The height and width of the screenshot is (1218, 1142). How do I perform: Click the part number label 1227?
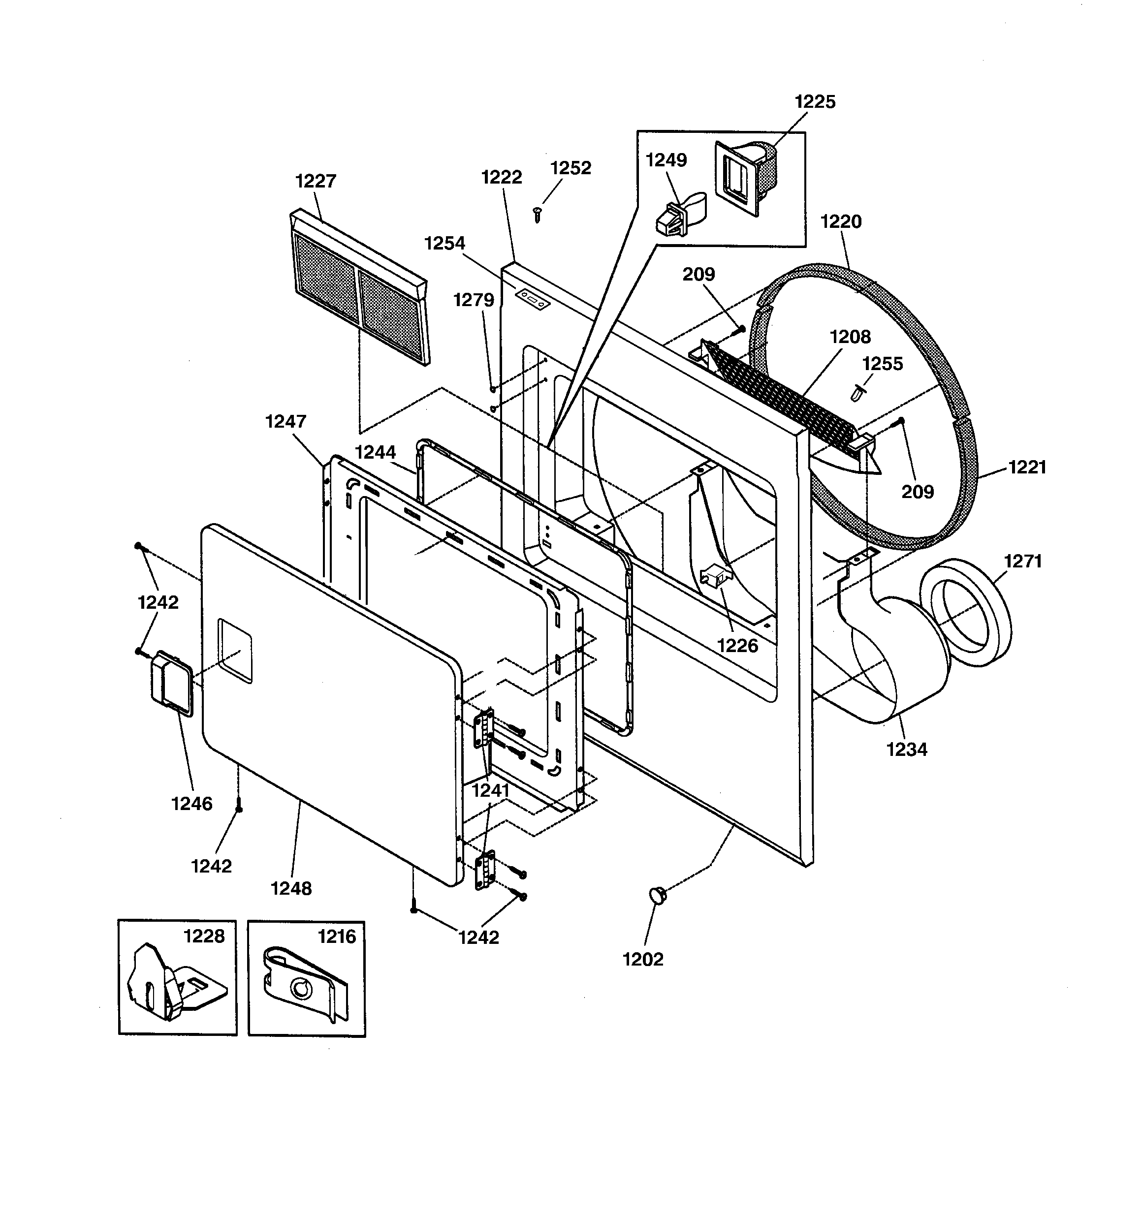coord(316,182)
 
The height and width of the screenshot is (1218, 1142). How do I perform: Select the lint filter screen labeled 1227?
coord(360,287)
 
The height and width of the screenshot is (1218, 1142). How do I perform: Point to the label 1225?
coord(815,102)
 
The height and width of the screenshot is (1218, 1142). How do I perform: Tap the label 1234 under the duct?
coord(907,750)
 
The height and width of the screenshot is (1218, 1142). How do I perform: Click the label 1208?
coord(850,337)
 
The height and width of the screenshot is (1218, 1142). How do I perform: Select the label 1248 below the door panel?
coord(291,888)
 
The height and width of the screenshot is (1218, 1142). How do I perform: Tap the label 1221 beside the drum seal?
coord(1027,468)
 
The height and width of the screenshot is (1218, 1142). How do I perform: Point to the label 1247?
coord(285,422)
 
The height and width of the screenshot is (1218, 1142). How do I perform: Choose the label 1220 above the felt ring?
coord(841,222)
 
